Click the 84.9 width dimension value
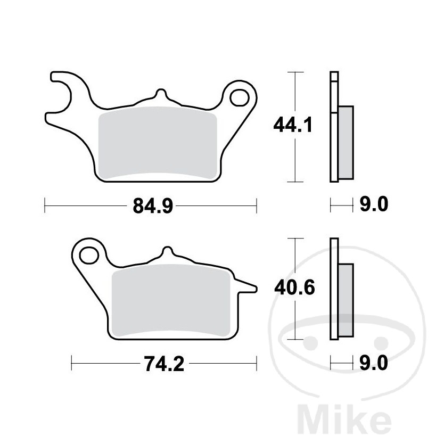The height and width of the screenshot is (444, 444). coord(150,205)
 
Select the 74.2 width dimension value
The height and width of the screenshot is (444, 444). coord(163,365)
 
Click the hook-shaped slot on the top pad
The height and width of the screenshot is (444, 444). coord(63,96)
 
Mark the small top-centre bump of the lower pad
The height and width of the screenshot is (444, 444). coord(168,253)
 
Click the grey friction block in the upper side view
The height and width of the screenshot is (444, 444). coord(346,142)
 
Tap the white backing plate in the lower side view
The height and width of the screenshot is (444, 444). coord(334,290)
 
